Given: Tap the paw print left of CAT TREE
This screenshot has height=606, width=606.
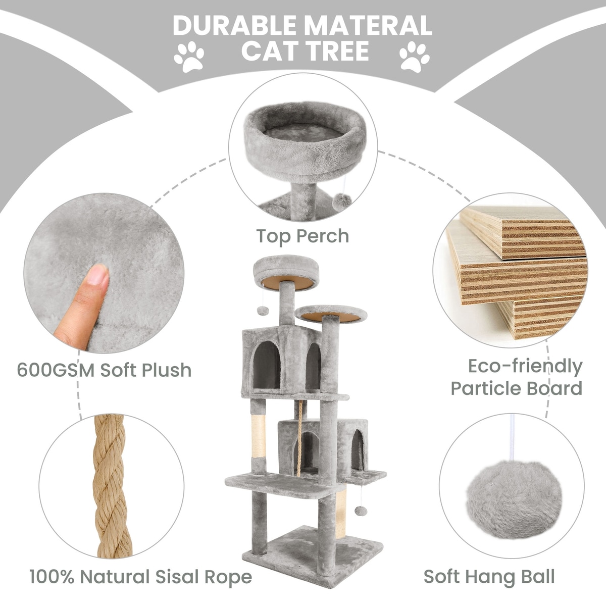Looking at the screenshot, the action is (x=189, y=57).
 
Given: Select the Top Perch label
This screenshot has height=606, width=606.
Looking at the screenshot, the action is (x=302, y=236).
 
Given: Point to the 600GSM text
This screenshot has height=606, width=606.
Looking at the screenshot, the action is (x=56, y=370).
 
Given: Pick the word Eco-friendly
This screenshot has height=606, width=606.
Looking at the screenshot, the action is (x=525, y=366).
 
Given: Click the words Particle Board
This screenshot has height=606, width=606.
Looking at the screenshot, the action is (x=517, y=388).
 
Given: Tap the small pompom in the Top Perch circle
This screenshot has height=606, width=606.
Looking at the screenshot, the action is (x=342, y=200).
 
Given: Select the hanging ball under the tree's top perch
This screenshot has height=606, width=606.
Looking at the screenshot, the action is (x=263, y=311).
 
